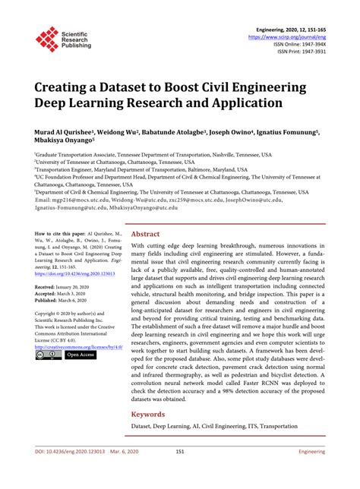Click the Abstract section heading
point(146,213)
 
